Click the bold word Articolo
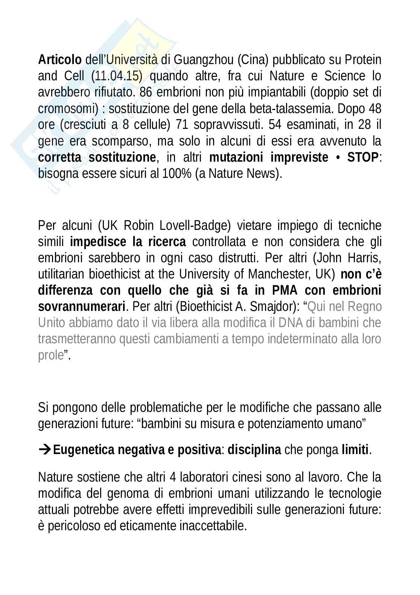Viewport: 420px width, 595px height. click(x=59, y=60)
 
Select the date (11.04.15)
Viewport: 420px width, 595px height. click(x=117, y=76)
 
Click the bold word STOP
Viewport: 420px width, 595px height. click(x=362, y=158)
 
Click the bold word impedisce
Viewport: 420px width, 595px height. click(x=98, y=242)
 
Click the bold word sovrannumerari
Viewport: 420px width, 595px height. click(x=81, y=307)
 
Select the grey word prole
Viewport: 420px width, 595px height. click(x=50, y=355)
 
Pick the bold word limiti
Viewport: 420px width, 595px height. click(x=355, y=450)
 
